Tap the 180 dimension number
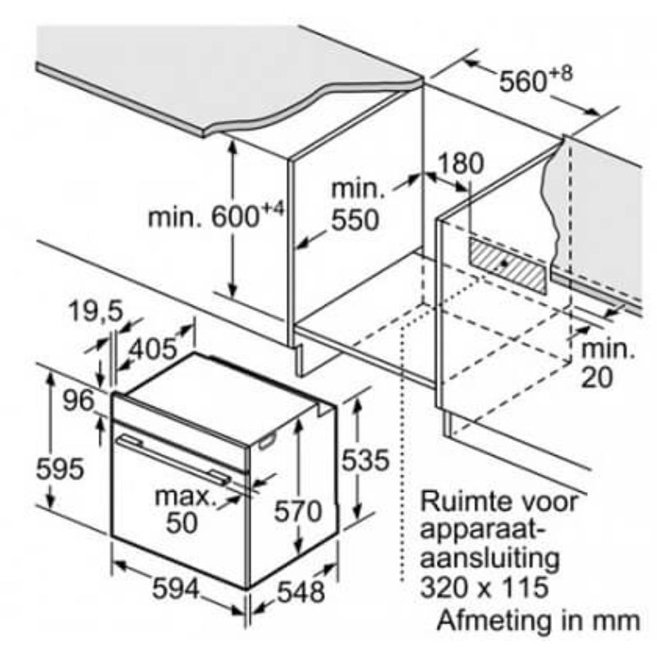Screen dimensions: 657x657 click(x=460, y=163)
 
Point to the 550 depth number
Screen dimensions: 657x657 click(x=356, y=219)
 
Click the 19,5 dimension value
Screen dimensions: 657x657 click(x=96, y=311)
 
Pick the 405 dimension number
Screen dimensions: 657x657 click(x=153, y=348)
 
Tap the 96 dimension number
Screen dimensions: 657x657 click(x=78, y=401)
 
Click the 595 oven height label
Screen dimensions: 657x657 click(x=60, y=468)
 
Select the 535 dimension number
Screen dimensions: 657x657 click(x=365, y=460)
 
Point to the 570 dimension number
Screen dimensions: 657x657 click(x=298, y=511)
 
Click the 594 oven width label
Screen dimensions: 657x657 click(x=176, y=589)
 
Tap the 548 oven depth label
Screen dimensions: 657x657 click(x=301, y=592)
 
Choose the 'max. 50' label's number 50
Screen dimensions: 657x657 click(x=181, y=522)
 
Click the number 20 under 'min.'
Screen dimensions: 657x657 click(x=597, y=378)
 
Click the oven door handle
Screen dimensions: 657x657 click(x=172, y=460)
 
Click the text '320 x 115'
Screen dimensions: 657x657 click(x=485, y=586)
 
